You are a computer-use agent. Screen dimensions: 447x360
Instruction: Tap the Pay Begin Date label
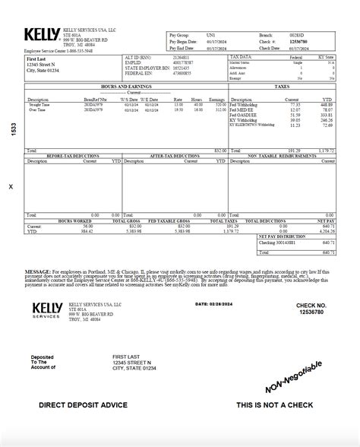pyautogui.click(x=179, y=41)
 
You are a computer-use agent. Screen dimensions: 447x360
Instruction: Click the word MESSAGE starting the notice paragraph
pyautogui.click(x=37, y=269)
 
